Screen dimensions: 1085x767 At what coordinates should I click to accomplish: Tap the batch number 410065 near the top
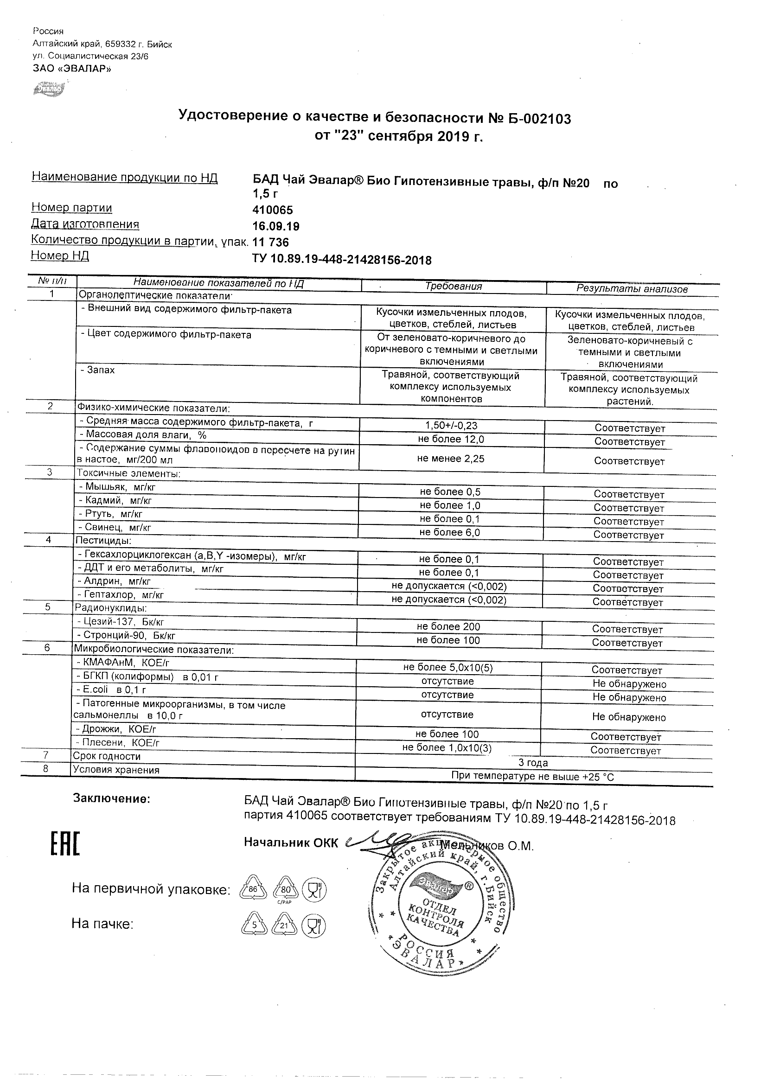tap(273, 210)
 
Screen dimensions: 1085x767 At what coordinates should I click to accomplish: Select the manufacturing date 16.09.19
tap(276, 226)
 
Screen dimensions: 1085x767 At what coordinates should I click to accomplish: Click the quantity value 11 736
tap(271, 243)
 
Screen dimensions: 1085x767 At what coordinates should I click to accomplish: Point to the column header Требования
tap(453, 287)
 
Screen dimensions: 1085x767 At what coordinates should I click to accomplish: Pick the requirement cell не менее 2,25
tap(451, 459)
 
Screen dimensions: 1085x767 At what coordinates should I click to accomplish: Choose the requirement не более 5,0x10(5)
tap(447, 667)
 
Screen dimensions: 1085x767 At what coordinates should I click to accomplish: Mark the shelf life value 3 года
tap(533, 763)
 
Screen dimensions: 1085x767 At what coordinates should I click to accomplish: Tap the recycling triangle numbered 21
tap(284, 926)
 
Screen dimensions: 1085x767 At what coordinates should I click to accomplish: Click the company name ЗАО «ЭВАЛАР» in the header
tap(72, 69)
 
